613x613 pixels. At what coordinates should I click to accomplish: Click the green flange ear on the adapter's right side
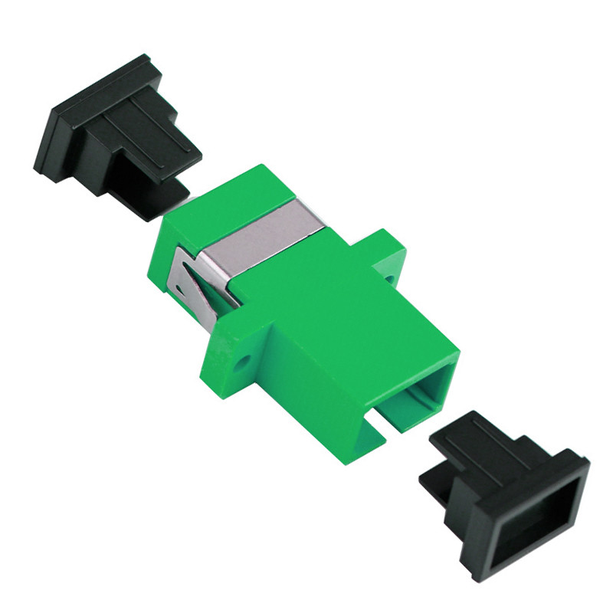(391, 257)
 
